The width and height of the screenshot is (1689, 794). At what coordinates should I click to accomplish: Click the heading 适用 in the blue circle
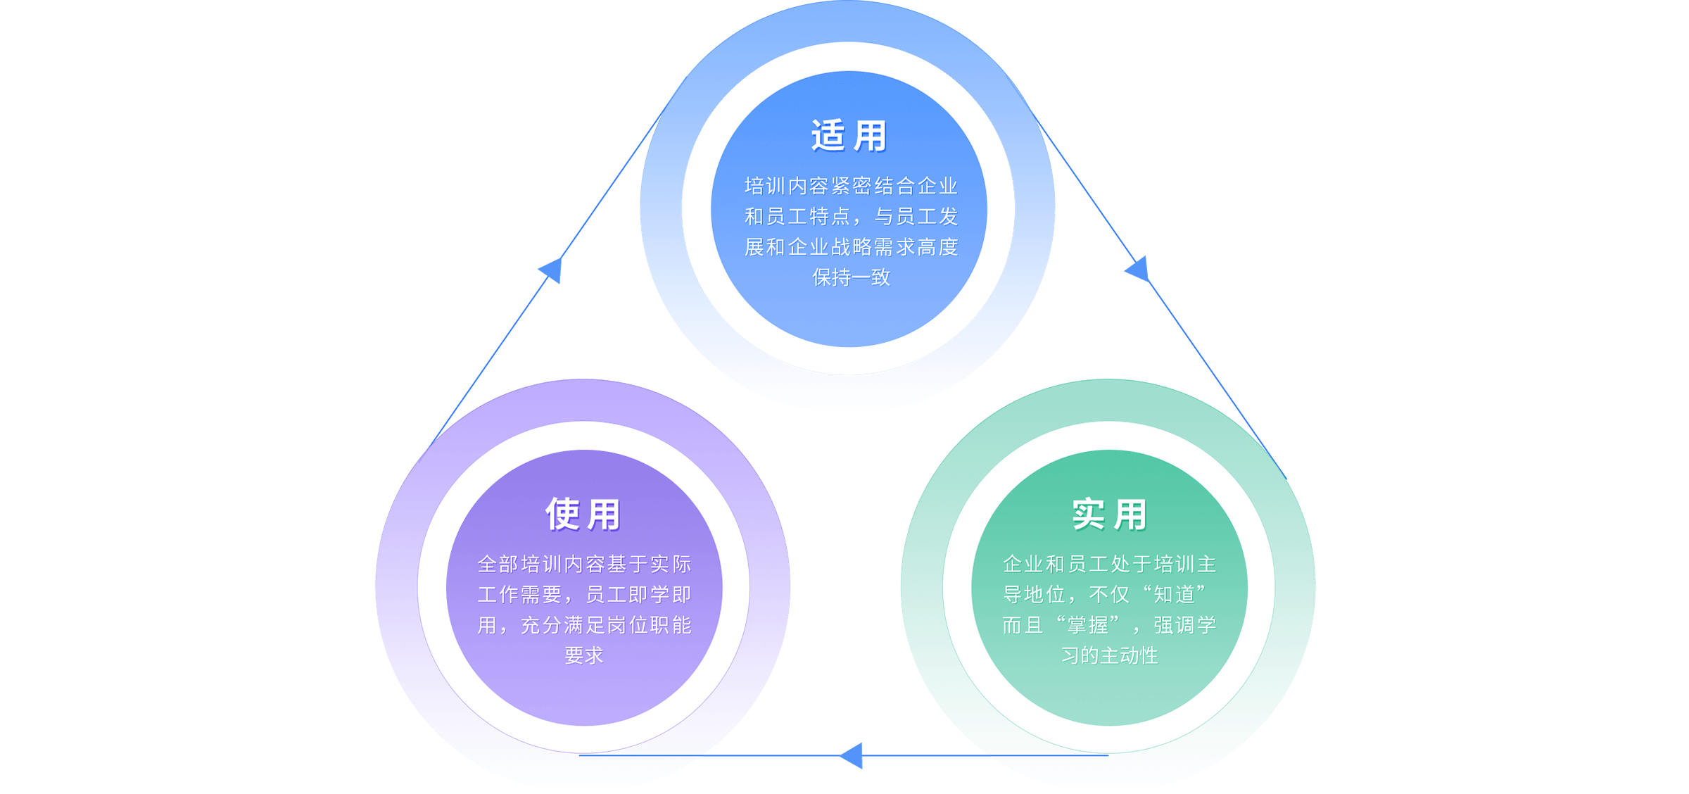tap(849, 136)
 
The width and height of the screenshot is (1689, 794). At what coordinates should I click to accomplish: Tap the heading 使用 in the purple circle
tap(583, 515)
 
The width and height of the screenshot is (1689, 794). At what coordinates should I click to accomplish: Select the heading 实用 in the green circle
tap(1110, 515)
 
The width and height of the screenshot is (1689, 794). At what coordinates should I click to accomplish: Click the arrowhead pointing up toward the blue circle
tap(551, 270)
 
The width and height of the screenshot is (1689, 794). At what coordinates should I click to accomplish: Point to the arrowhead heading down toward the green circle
tap(1137, 269)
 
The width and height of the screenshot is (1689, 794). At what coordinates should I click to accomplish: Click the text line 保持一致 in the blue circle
tap(852, 277)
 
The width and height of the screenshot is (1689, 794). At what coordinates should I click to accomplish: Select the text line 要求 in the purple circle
tap(584, 655)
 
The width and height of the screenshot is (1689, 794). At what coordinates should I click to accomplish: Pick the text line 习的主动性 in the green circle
tap(1110, 655)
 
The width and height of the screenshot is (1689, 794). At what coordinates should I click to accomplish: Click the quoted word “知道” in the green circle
tap(1174, 595)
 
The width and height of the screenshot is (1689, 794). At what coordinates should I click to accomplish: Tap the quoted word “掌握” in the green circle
tap(1088, 625)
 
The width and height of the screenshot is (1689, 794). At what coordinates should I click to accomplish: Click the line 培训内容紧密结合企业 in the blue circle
tap(852, 186)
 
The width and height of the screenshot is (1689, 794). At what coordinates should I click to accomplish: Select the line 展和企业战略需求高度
tap(852, 247)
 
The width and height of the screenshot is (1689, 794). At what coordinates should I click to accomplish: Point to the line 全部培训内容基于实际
tap(584, 564)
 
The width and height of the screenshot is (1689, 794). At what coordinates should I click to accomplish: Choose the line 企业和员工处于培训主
tap(1110, 564)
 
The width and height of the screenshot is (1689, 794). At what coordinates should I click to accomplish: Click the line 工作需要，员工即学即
tap(584, 595)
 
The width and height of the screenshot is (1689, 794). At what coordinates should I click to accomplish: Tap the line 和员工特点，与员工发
tap(852, 216)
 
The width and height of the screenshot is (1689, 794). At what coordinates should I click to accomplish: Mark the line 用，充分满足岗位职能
tap(584, 625)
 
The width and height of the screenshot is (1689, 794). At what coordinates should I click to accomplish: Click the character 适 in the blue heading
tap(828, 136)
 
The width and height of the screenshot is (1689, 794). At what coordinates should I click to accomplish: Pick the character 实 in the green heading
tap(1089, 515)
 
